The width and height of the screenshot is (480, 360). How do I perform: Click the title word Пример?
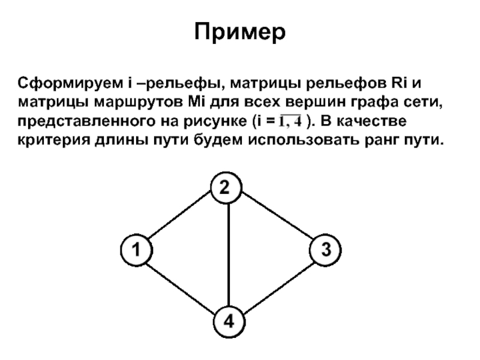click(239, 31)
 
